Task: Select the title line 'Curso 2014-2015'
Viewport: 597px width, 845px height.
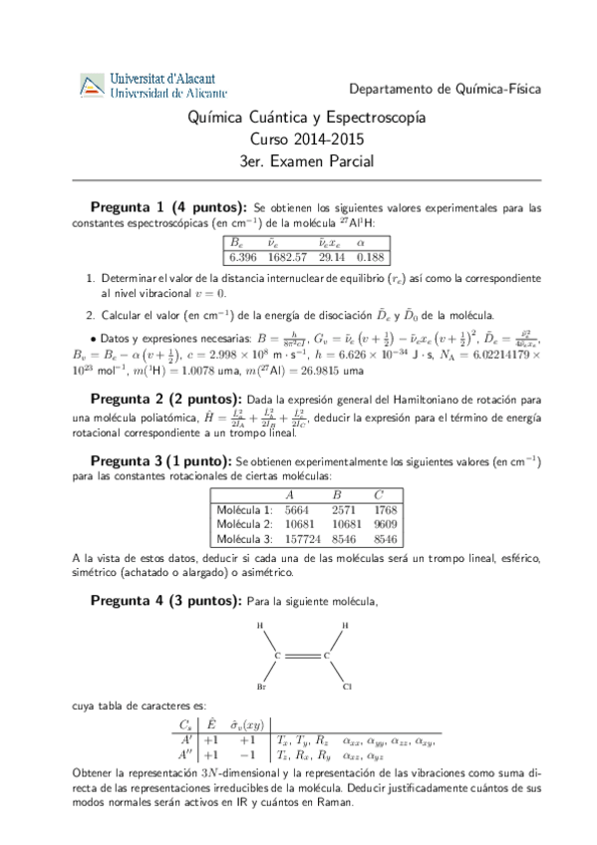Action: click(x=298, y=140)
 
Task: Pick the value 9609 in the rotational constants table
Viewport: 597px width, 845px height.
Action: click(x=384, y=523)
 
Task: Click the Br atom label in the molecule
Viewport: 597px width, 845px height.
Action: click(x=260, y=687)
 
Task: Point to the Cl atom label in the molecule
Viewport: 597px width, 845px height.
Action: click(x=346, y=687)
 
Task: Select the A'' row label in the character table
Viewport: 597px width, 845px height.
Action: click(x=185, y=756)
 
